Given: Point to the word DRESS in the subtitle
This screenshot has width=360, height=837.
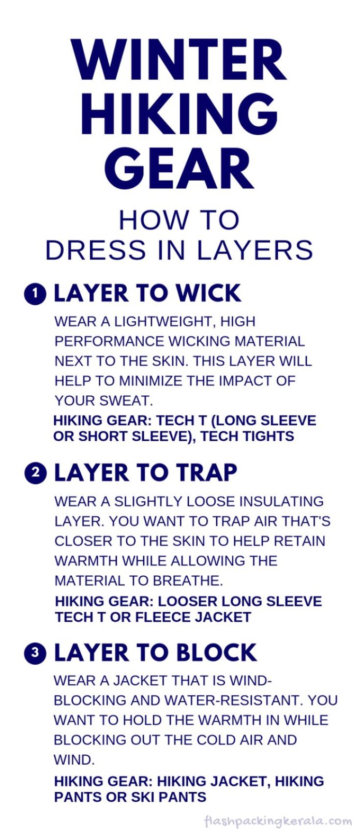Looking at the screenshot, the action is click(x=96, y=250).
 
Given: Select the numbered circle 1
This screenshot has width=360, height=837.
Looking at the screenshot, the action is click(x=35, y=294).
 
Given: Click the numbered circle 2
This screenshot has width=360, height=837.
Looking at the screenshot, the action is click(x=35, y=473).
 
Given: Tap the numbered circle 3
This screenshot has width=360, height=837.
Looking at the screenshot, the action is click(x=35, y=653).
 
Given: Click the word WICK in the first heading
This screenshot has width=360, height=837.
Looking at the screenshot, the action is click(x=208, y=293).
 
